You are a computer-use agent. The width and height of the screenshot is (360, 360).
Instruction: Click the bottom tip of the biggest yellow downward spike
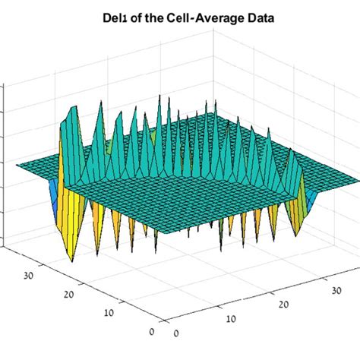(x=73, y=261)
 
